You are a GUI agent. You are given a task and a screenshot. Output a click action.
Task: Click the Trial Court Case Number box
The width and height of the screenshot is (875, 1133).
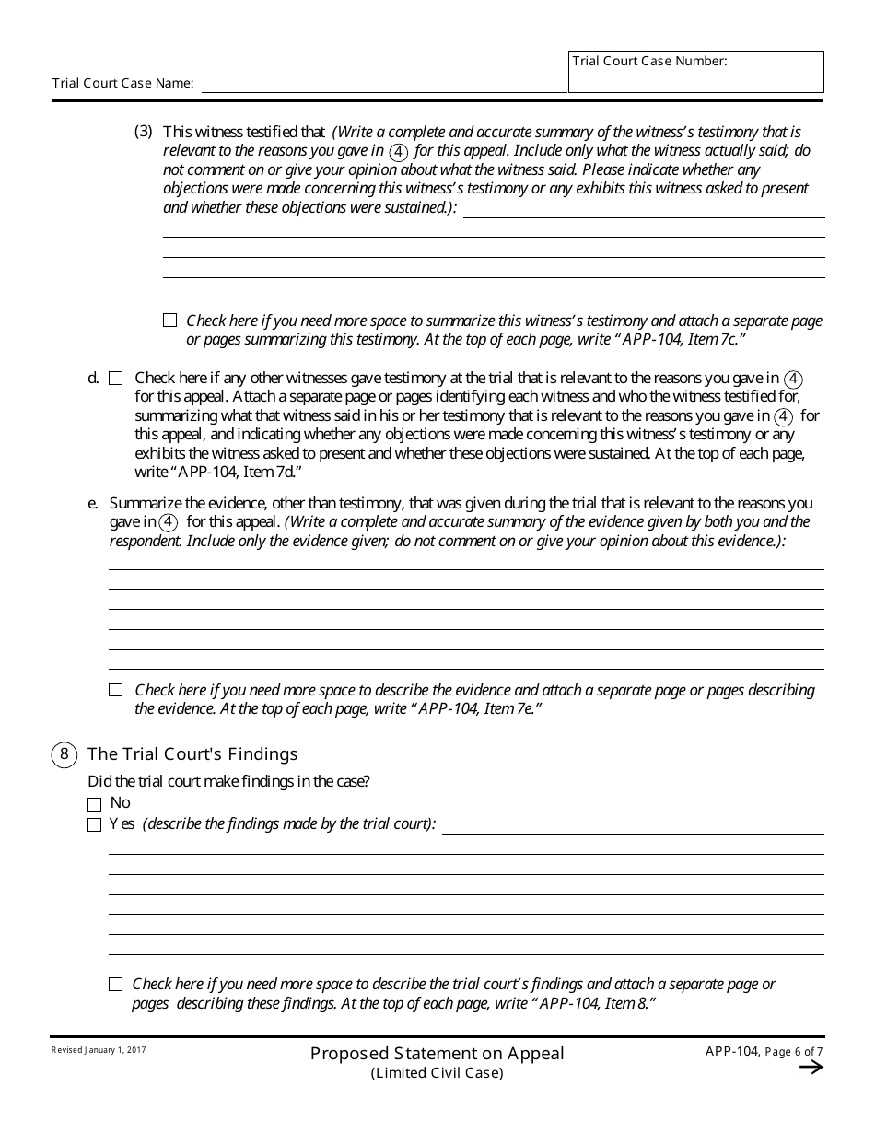pyautogui.click(x=695, y=72)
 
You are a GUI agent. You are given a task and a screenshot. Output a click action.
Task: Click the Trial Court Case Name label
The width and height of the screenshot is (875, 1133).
pyautogui.click(x=122, y=83)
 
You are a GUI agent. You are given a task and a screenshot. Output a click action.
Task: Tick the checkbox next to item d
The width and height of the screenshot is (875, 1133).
pyautogui.click(x=115, y=378)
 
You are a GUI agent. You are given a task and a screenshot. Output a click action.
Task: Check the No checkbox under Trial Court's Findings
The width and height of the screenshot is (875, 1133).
pyautogui.click(x=94, y=804)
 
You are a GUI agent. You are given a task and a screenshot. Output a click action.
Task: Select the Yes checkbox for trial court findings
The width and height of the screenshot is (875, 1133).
pyautogui.click(x=94, y=825)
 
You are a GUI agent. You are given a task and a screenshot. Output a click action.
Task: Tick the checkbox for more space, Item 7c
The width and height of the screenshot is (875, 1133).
pyautogui.click(x=169, y=321)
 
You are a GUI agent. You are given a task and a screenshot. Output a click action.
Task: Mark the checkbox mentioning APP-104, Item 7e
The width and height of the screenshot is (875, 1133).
pyautogui.click(x=115, y=690)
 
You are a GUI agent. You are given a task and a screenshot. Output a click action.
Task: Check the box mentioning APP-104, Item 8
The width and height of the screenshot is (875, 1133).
pyautogui.click(x=115, y=985)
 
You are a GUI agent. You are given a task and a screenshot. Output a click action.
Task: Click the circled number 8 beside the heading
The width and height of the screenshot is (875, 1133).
pyautogui.click(x=64, y=754)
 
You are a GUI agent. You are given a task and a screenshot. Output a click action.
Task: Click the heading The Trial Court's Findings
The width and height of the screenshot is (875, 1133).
pyautogui.click(x=192, y=754)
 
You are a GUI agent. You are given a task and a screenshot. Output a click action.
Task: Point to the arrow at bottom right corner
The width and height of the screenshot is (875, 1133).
pyautogui.click(x=811, y=1068)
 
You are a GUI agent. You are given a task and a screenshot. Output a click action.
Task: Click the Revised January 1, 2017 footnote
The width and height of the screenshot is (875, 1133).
pyautogui.click(x=99, y=1050)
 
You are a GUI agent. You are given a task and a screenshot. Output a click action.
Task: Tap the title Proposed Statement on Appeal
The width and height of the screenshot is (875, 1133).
pyautogui.click(x=437, y=1053)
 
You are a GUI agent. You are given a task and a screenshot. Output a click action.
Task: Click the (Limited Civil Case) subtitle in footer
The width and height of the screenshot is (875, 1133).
pyautogui.click(x=437, y=1073)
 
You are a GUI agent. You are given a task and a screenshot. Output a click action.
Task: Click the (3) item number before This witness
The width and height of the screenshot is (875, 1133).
pyautogui.click(x=143, y=131)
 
